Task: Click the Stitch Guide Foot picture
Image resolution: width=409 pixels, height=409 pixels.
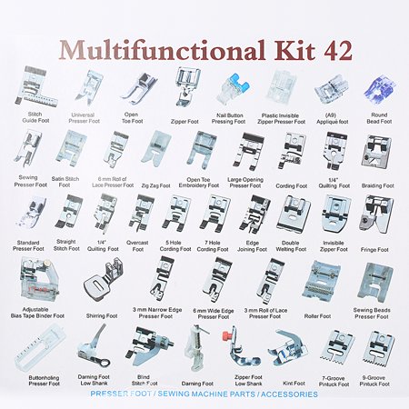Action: tap(33, 85)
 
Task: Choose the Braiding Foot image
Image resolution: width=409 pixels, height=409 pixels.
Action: tap(375, 151)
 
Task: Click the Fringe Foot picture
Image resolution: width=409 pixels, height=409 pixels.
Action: tap(375, 214)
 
